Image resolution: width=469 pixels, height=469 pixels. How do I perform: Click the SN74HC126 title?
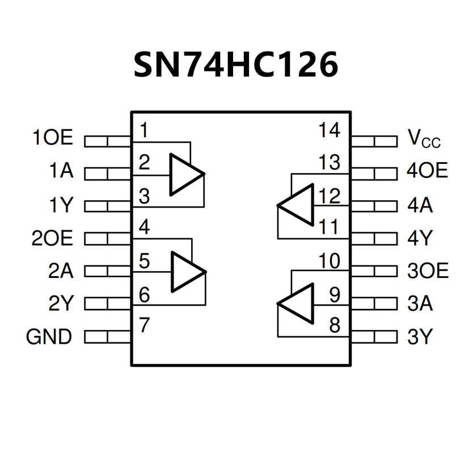(235, 65)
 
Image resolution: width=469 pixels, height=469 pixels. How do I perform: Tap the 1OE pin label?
(53, 138)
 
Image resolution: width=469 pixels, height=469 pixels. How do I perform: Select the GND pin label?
(49, 337)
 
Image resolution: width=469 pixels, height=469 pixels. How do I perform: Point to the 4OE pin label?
(427, 171)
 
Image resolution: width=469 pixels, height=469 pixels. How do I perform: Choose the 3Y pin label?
(420, 337)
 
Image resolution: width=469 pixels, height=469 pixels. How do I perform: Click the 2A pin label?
(61, 271)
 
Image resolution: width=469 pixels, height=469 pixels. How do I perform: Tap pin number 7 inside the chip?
(144, 326)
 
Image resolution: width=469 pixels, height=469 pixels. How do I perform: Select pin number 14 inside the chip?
(329, 130)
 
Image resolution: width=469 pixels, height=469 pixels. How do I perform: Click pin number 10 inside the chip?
(329, 262)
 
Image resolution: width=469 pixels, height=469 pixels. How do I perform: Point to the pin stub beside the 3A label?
(374, 305)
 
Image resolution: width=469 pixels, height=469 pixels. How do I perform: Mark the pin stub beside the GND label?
(108, 337)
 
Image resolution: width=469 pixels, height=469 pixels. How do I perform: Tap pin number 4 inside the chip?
(144, 228)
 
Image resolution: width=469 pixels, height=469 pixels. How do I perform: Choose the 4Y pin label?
(420, 238)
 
